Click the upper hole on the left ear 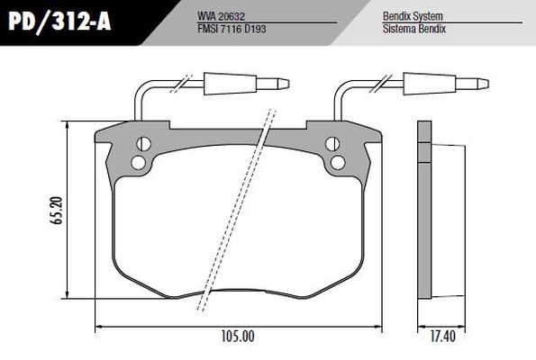pyautogui.click(x=142, y=144)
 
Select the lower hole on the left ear pyautogui.click(x=138, y=162)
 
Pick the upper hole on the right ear pyautogui.click(x=332, y=144)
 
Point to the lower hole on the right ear pyautogui.click(x=337, y=162)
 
